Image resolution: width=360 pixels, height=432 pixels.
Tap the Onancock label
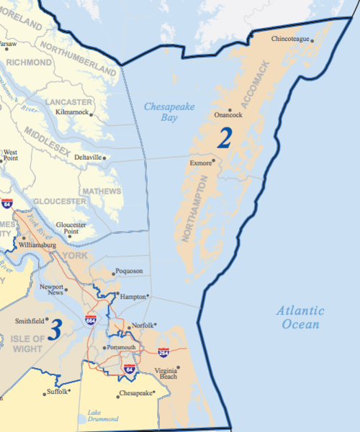(x=228, y=114)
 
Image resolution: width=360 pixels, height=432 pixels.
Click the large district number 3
(x=55, y=328)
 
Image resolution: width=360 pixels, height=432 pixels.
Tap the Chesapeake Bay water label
(x=169, y=112)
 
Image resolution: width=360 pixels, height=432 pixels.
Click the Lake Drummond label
(x=100, y=415)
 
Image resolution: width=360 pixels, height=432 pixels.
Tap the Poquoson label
(x=128, y=271)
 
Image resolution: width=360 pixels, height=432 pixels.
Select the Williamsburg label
(x=37, y=245)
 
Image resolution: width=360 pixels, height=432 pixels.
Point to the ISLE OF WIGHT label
(x=26, y=343)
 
